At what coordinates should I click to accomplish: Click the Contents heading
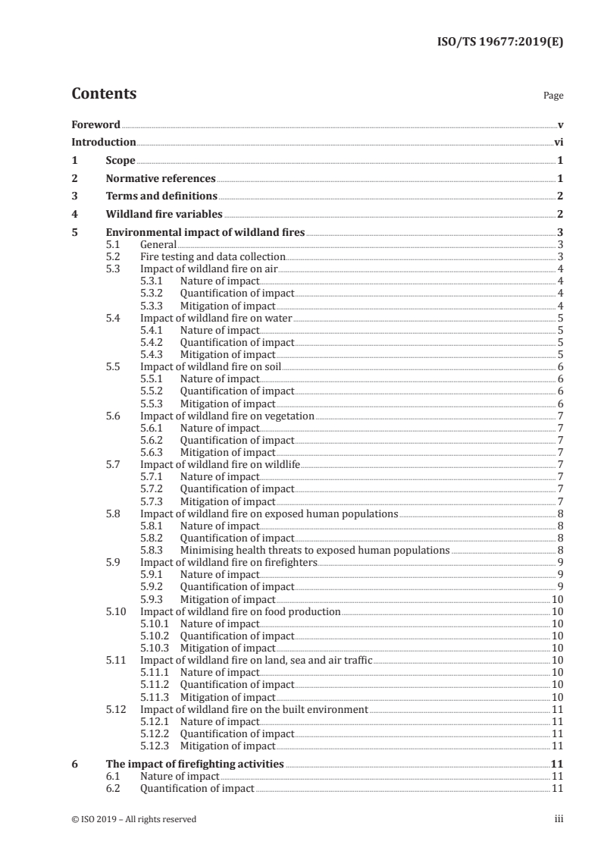tap(104, 94)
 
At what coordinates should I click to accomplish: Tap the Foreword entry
tap(95, 124)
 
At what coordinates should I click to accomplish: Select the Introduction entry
tap(103, 142)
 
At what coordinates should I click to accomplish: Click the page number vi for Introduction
tap(558, 142)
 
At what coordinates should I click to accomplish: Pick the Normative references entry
tap(161, 179)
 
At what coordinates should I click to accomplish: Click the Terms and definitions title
tap(156, 196)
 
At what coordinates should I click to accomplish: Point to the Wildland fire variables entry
tap(164, 215)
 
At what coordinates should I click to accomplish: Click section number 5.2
tap(113, 257)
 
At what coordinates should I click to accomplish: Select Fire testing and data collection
tap(212, 257)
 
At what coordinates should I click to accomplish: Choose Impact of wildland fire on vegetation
tap(227, 416)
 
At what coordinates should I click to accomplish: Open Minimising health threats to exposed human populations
tap(315, 550)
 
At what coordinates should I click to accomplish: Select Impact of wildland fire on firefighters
tap(229, 562)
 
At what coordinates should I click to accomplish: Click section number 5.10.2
tap(155, 635)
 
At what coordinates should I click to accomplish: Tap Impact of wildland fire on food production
tap(240, 611)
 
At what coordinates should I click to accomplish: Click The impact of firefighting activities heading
tap(195, 765)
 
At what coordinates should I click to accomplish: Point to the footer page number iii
tap(559, 819)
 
